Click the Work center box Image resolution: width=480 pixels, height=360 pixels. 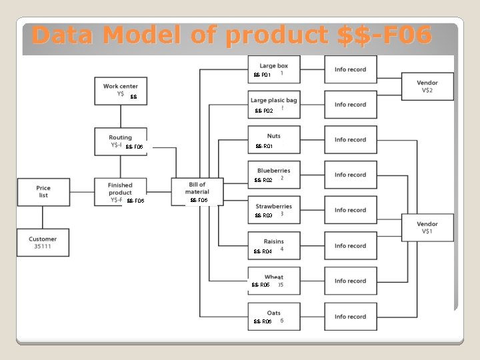(x=120, y=91)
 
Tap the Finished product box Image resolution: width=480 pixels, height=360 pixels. (x=120, y=192)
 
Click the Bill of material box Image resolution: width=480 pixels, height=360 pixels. (x=197, y=191)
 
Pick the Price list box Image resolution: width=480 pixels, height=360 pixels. (x=43, y=191)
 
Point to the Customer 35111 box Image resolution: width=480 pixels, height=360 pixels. (x=43, y=242)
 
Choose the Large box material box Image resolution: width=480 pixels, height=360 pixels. (x=274, y=69)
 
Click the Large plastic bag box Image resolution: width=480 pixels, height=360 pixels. (x=274, y=105)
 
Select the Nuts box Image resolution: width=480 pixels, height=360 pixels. (x=274, y=140)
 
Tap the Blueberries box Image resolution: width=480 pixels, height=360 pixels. (x=274, y=175)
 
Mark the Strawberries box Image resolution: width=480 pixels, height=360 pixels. (x=274, y=210)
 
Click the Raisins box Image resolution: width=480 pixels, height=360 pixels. (x=274, y=245)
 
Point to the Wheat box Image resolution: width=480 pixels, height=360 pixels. (x=274, y=281)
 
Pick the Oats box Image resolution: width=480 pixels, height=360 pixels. (x=274, y=317)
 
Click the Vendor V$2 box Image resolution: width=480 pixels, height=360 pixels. (x=427, y=86)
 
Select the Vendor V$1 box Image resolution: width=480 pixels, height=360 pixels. (x=427, y=227)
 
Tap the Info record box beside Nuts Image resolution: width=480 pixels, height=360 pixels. (x=350, y=140)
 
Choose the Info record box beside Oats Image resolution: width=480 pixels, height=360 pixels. (x=350, y=317)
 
